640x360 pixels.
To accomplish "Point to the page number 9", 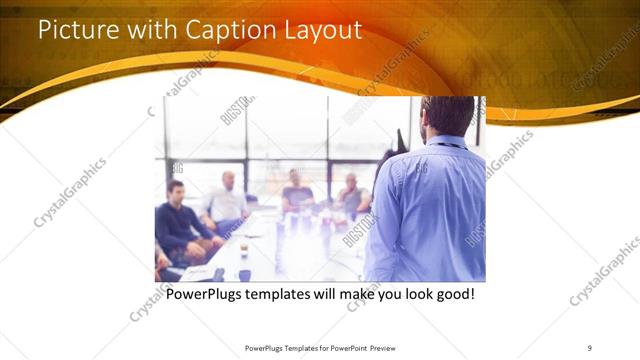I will [589, 347].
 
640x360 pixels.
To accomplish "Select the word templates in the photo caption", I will [286, 296].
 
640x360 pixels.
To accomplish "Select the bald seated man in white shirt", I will [228, 200].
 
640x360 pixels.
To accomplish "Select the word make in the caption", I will [350, 296].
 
